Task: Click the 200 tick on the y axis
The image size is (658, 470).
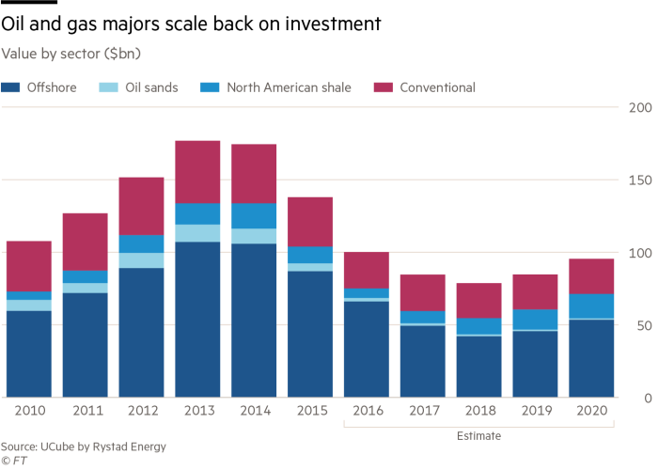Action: (639, 108)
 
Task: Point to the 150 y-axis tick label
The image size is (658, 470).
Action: (639, 180)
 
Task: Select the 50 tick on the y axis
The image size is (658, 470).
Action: (644, 325)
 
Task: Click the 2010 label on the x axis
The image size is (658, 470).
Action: (28, 412)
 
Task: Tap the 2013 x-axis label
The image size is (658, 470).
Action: (197, 412)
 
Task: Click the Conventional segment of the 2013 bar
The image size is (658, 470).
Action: (197, 171)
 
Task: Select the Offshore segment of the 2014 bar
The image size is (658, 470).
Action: (254, 320)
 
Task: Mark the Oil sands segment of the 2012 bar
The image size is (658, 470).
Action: (141, 260)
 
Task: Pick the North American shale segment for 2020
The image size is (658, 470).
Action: (592, 306)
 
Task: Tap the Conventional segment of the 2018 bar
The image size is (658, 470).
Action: (479, 301)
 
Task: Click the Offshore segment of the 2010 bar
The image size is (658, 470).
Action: (28, 353)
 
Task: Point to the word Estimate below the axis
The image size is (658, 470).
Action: (480, 436)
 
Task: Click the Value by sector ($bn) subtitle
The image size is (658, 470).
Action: (70, 52)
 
